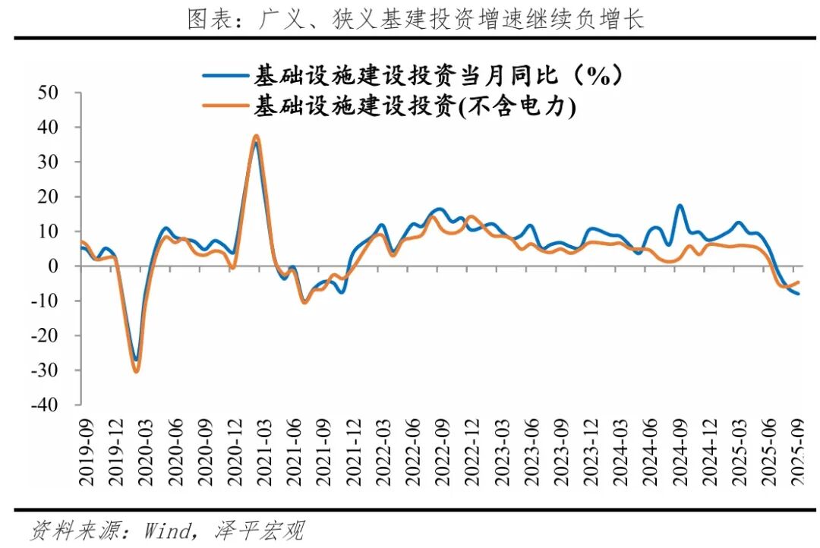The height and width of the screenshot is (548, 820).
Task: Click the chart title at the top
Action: [415, 18]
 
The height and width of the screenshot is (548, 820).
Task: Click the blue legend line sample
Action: [227, 75]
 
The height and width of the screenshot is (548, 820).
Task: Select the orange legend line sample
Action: [227, 107]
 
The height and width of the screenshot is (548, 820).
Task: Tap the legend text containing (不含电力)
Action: [415, 107]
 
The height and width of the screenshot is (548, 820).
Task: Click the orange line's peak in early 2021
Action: [256, 137]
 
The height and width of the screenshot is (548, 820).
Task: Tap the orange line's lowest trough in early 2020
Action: [137, 371]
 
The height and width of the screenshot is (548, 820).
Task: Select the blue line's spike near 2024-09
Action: [680, 206]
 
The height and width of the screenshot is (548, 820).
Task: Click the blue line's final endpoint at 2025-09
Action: [798, 294]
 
